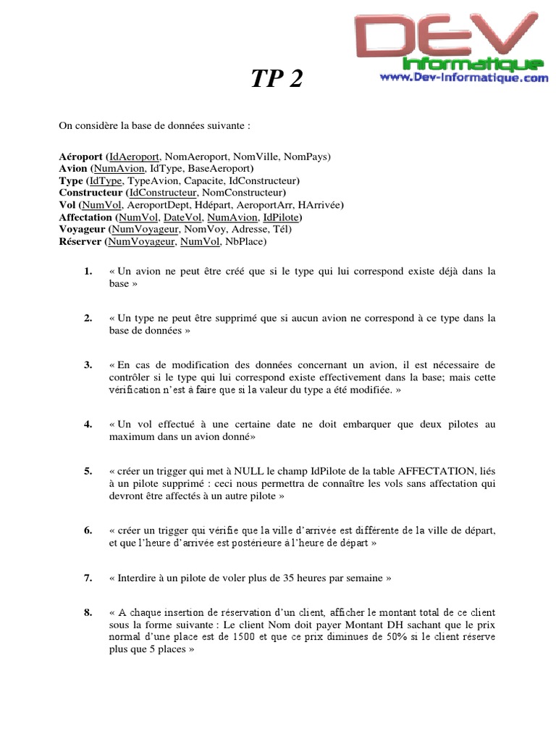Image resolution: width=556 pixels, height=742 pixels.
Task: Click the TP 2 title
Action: (277, 80)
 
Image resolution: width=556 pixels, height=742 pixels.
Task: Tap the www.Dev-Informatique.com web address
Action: (463, 78)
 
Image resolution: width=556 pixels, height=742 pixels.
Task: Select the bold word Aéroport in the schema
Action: (80, 156)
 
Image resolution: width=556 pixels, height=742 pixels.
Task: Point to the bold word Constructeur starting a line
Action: (91, 193)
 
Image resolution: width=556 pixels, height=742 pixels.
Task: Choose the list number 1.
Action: (88, 272)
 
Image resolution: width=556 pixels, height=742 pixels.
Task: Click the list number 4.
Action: (88, 424)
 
